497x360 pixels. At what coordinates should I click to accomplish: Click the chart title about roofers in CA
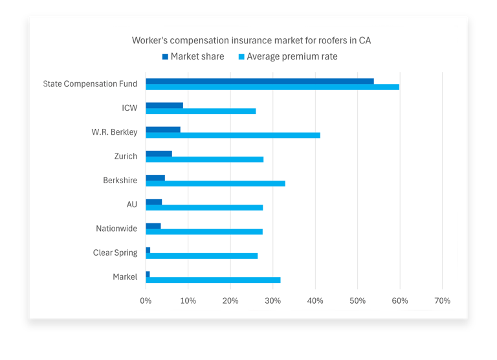pyautogui.click(x=251, y=40)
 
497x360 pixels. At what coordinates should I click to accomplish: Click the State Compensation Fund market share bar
pyautogui.click(x=260, y=81)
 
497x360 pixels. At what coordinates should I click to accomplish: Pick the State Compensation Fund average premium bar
pyautogui.click(x=272, y=87)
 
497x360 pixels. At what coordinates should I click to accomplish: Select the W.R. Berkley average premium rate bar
pyautogui.click(x=233, y=135)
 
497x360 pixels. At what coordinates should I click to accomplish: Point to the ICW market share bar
pyautogui.click(x=164, y=105)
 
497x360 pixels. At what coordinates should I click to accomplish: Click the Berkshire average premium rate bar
pyautogui.click(x=215, y=183)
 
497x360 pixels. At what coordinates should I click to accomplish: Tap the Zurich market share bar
pyautogui.click(x=159, y=153)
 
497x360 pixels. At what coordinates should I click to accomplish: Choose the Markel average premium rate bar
pyautogui.click(x=213, y=280)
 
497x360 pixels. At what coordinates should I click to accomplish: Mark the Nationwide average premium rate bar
pyautogui.click(x=204, y=231)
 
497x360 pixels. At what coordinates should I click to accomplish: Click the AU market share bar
pyautogui.click(x=153, y=202)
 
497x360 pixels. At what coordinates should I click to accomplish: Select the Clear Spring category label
pyautogui.click(x=115, y=253)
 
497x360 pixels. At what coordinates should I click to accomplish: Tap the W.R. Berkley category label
pyautogui.click(x=115, y=132)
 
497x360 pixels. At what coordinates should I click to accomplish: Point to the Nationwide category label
pyautogui.click(x=116, y=229)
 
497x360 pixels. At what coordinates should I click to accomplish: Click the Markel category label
pyautogui.click(x=125, y=276)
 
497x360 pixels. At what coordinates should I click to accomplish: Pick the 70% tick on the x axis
pyautogui.click(x=442, y=300)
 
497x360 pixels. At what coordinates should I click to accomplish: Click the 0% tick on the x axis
pyautogui.click(x=146, y=300)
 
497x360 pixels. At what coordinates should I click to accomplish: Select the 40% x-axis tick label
pyautogui.click(x=315, y=300)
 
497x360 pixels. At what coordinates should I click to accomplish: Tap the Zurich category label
pyautogui.click(x=126, y=156)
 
